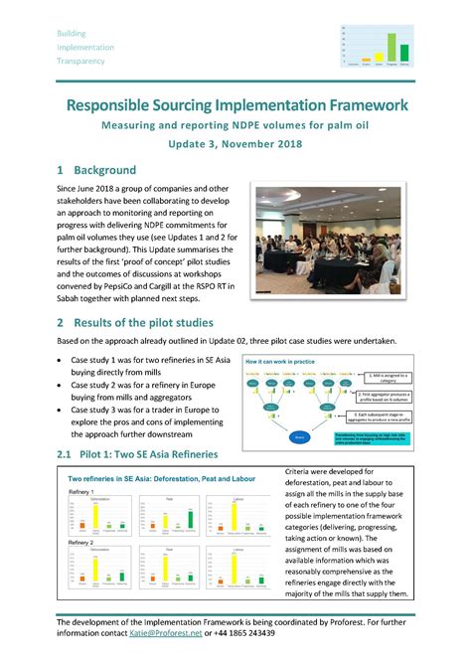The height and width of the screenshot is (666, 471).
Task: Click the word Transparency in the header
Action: (x=81, y=60)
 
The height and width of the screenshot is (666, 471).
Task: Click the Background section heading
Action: (x=109, y=170)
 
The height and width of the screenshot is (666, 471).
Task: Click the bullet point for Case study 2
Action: (x=63, y=382)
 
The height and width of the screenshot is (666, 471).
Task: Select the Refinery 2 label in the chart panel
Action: (x=80, y=542)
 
